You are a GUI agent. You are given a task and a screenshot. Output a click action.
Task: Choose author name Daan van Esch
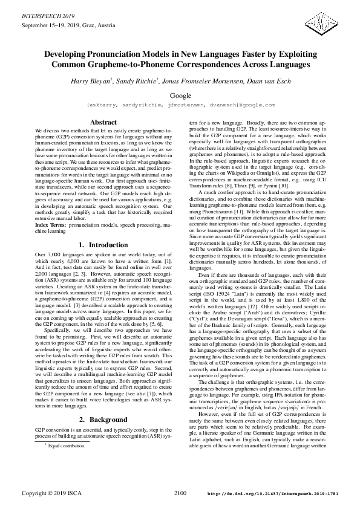pyautogui.click(x=267, y=81)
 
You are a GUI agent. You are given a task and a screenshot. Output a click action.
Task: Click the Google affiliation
pyautogui.click(x=180, y=96)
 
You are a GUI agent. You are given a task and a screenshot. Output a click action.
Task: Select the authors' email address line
pyautogui.click(x=180, y=105)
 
